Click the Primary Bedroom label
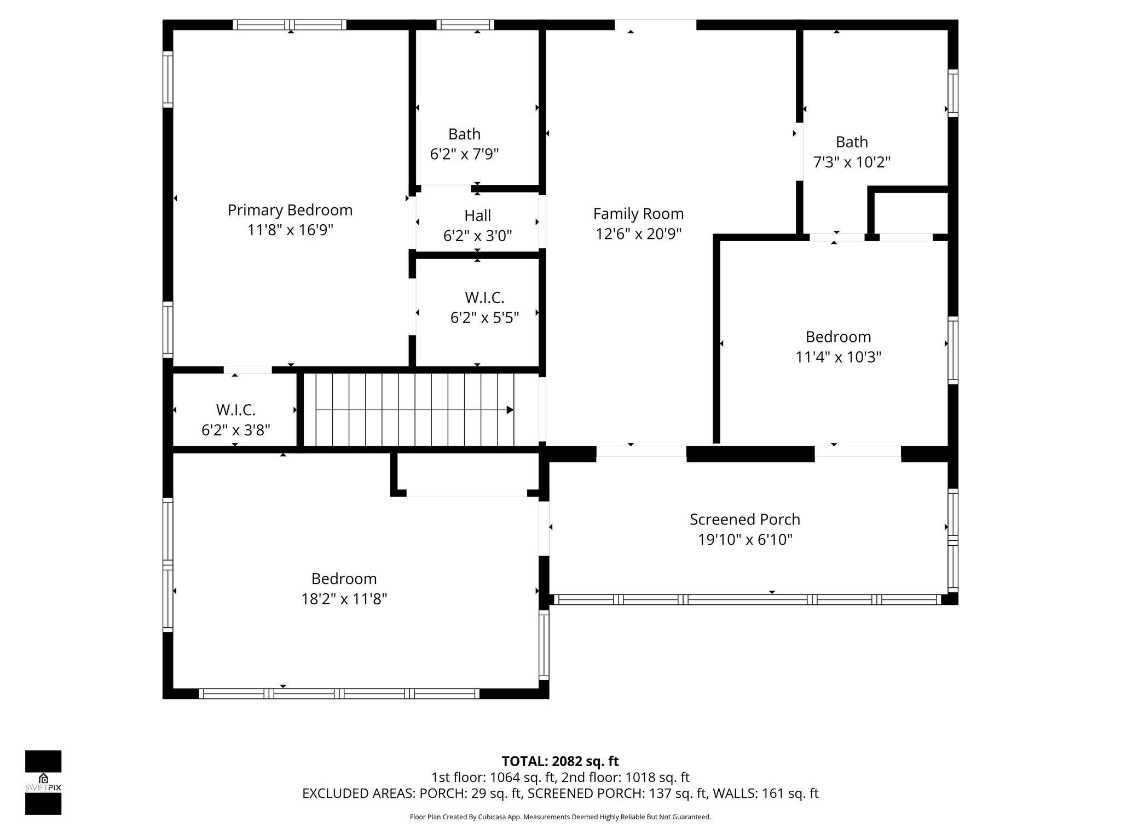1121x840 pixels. [290, 210]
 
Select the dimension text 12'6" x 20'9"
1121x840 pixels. [638, 234]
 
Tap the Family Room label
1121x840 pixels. [638, 214]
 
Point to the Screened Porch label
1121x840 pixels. [744, 520]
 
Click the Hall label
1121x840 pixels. [477, 215]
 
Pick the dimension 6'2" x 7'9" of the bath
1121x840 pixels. [464, 154]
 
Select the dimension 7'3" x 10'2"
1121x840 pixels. [852, 162]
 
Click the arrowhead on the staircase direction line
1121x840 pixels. [510, 410]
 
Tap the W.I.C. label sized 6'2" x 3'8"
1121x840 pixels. [235, 410]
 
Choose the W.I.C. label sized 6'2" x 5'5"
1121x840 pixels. [484, 297]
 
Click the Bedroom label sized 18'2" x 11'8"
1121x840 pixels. [344, 579]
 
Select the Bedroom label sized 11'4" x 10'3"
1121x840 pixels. [838, 337]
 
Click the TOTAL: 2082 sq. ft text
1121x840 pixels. [560, 761]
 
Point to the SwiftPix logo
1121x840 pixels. [43, 782]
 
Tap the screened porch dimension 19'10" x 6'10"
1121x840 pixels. [744, 540]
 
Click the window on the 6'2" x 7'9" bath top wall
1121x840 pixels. [465, 25]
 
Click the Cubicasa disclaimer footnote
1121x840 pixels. [560, 817]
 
